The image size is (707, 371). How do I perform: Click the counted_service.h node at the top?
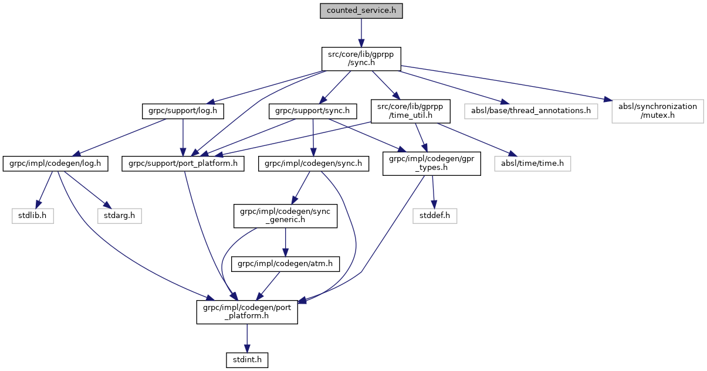pos(361,11)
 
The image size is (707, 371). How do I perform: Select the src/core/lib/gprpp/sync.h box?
pos(361,59)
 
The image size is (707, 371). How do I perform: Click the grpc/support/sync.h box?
pos(313,111)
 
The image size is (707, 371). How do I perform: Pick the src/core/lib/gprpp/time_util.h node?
pos(410,111)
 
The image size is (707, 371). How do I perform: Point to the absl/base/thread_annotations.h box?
pos(530,111)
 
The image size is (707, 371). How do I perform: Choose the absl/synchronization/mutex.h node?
pos(657,111)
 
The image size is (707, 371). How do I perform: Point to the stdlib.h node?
pos(33,216)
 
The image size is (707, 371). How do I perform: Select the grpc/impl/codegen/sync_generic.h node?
pos(286,216)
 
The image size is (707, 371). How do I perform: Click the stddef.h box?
pos(435,216)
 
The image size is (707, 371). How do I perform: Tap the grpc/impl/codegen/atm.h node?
pos(286,264)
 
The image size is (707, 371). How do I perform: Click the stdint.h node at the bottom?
pos(247,359)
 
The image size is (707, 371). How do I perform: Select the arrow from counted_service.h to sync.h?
pos(361,32)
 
